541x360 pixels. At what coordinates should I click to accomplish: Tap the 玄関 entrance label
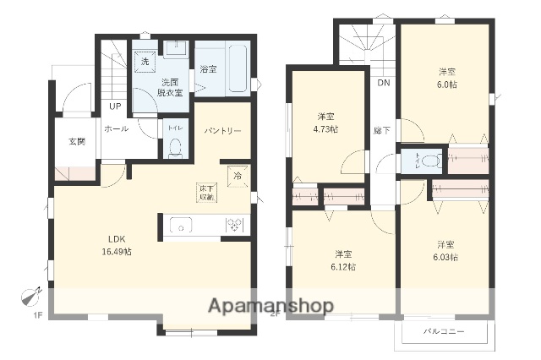pyautogui.click(x=77, y=141)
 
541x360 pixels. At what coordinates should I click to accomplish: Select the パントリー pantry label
pyautogui.click(x=223, y=131)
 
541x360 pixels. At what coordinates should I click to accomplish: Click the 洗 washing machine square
pyautogui.click(x=145, y=62)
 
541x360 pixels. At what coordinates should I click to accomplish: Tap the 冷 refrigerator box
pyautogui.click(x=237, y=176)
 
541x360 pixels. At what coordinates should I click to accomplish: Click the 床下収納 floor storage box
pyautogui.click(x=207, y=192)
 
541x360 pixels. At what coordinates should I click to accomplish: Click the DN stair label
pyautogui.click(x=383, y=83)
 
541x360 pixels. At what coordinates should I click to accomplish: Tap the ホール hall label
pyautogui.click(x=116, y=129)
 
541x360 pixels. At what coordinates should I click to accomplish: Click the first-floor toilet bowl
pyautogui.click(x=175, y=147)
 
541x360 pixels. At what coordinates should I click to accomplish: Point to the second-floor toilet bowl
pyautogui.click(x=430, y=159)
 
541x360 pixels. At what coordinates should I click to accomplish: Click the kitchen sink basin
pyautogui.click(x=181, y=225)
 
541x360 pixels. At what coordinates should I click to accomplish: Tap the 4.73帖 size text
pyautogui.click(x=325, y=129)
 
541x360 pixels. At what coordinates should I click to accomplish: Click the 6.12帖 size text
pyautogui.click(x=344, y=266)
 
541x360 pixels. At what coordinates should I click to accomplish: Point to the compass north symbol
pyautogui.click(x=31, y=298)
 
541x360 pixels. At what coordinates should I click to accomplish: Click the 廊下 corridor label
pyautogui.click(x=382, y=129)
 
